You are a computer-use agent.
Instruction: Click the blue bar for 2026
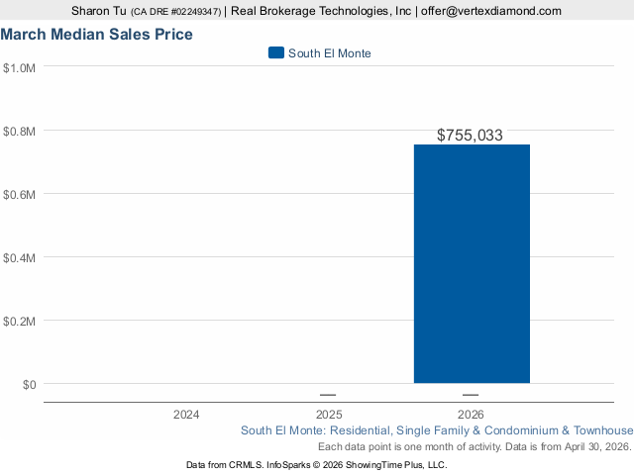pos(472,263)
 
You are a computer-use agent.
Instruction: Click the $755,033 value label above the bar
pos(472,136)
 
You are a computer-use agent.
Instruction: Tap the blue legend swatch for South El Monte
pos(276,52)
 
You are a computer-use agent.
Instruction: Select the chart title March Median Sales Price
pos(97,35)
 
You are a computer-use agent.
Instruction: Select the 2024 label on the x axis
pos(185,414)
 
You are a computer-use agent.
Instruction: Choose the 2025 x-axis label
pos(329,414)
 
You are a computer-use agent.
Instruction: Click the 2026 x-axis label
pos(472,414)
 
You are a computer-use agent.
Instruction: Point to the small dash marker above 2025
pos(328,395)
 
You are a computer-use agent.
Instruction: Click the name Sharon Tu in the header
pos(99,11)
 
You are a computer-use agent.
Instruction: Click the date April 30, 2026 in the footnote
pos(590,447)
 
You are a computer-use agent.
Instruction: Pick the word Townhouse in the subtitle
pos(603,430)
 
